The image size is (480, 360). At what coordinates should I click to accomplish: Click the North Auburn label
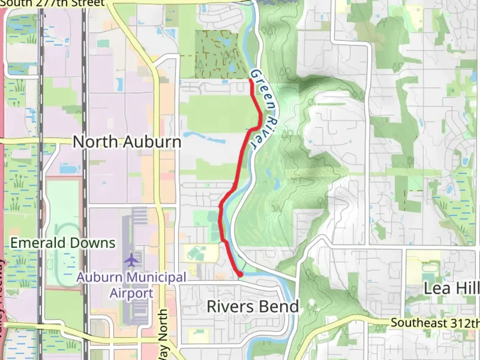click(x=127, y=142)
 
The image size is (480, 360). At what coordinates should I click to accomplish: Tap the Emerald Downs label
click(x=63, y=243)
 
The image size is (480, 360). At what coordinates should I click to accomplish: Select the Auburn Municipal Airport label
click(x=132, y=285)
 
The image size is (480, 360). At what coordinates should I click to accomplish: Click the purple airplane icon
click(x=132, y=260)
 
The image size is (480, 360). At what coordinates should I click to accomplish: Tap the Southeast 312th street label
click(x=435, y=323)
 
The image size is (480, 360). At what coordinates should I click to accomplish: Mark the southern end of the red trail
click(x=240, y=274)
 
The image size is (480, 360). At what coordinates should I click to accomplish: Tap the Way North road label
click(x=163, y=335)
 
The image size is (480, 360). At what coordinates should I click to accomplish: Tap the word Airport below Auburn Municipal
click(x=132, y=293)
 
